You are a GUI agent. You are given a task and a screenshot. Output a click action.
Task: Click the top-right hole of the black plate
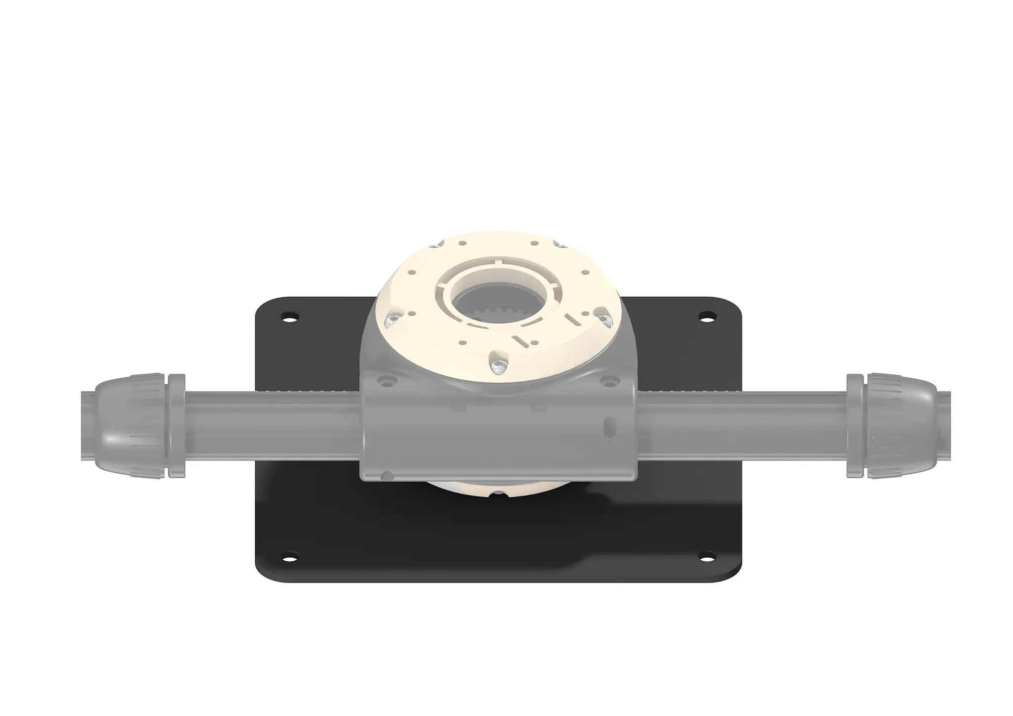pos(708,315)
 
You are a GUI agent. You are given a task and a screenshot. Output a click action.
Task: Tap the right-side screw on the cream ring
pos(605,320)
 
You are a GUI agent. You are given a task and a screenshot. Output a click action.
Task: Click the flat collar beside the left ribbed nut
pos(177,426)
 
